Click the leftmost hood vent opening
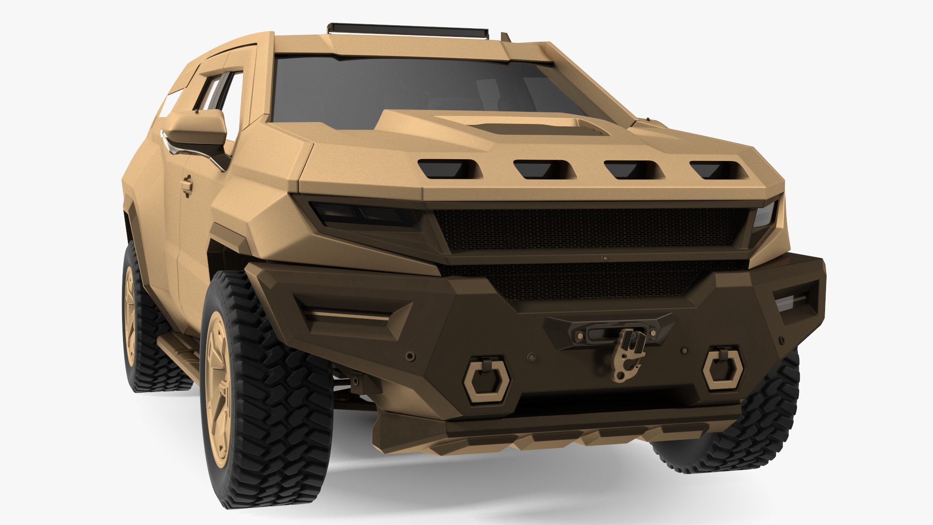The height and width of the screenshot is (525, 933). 448,169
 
